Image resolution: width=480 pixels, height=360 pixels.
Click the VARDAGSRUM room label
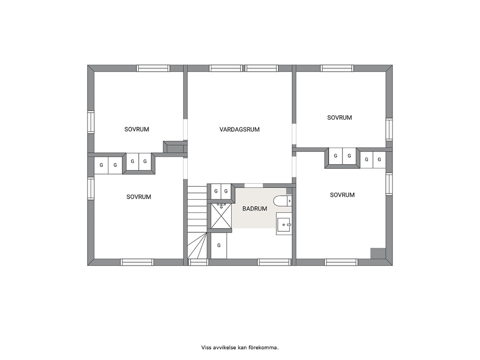[x=240, y=130]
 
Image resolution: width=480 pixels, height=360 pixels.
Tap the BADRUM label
[x=255, y=209]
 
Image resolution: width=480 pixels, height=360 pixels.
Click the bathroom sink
[x=284, y=224]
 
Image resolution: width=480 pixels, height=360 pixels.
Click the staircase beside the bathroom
[x=197, y=222]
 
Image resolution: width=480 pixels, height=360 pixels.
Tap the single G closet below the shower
[x=219, y=246]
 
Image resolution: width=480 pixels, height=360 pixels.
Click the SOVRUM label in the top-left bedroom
[x=136, y=130]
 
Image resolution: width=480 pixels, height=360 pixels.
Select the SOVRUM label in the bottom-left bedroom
[x=139, y=197]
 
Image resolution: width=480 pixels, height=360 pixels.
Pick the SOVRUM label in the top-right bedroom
[x=340, y=118]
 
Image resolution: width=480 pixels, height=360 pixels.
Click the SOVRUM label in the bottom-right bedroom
[x=342, y=195]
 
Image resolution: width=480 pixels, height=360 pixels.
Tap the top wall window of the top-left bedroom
[x=153, y=68]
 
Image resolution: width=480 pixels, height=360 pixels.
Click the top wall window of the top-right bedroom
[x=337, y=68]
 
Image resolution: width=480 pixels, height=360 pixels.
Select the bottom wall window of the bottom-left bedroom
[x=136, y=262]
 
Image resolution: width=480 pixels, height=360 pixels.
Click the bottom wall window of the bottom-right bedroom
[x=341, y=262]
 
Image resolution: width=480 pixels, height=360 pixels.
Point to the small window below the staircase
[x=198, y=262]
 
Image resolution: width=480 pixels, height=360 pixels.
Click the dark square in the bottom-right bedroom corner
[x=378, y=253]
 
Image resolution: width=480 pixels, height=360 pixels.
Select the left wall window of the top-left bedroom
[x=91, y=122]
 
